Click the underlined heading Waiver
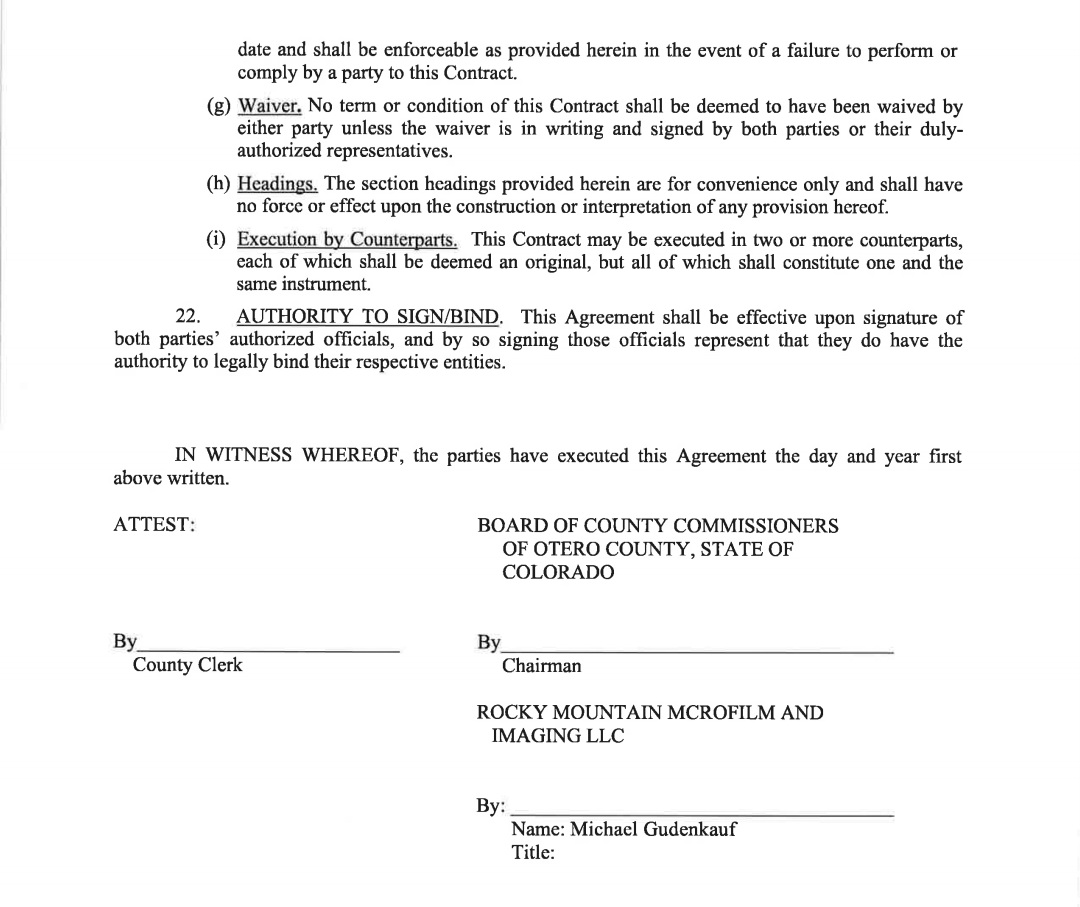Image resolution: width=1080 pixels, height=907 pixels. [270, 106]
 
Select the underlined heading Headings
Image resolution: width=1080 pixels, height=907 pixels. [278, 185]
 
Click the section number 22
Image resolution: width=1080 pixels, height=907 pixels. [188, 318]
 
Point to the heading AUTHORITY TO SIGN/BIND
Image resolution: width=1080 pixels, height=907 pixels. [368, 318]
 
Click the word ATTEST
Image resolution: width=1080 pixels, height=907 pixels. [154, 525]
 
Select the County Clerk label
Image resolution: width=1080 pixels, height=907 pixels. [188, 665]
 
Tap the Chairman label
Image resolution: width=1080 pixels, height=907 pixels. [541, 666]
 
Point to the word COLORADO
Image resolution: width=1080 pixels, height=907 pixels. [558, 573]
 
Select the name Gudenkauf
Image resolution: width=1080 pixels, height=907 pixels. [690, 830]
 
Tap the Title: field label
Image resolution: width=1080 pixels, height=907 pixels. [532, 853]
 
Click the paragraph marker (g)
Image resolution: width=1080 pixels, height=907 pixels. [219, 107]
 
